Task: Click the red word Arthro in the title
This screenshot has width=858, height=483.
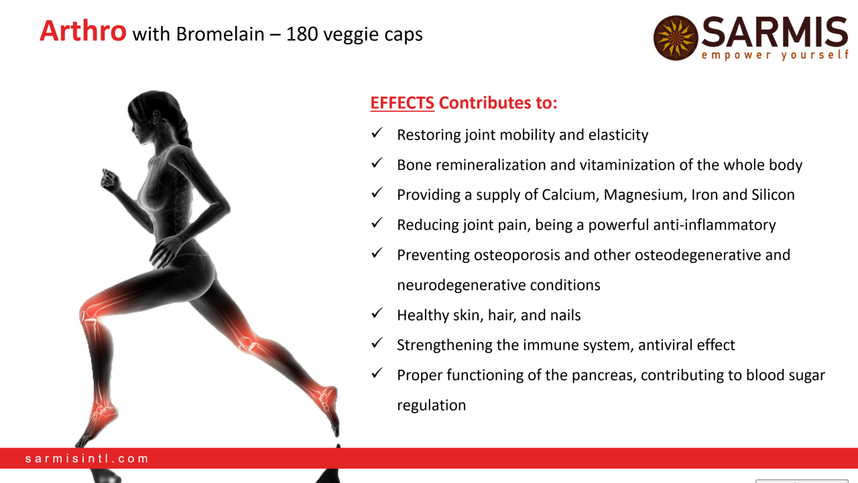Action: pyautogui.click(x=82, y=31)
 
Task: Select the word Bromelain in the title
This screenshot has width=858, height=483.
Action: pyautogui.click(x=221, y=34)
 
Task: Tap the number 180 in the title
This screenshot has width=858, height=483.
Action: pyautogui.click(x=302, y=34)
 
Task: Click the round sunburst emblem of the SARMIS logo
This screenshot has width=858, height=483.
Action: pyautogui.click(x=676, y=38)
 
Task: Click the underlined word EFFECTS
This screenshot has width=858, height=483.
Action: pyautogui.click(x=402, y=103)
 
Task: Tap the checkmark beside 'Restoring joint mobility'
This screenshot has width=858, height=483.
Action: pyautogui.click(x=377, y=133)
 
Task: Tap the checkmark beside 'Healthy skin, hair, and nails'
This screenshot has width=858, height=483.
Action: pyautogui.click(x=377, y=313)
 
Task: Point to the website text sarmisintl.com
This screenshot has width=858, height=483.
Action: pyautogui.click(x=86, y=458)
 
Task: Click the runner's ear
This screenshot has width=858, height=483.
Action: pyautogui.click(x=156, y=117)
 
